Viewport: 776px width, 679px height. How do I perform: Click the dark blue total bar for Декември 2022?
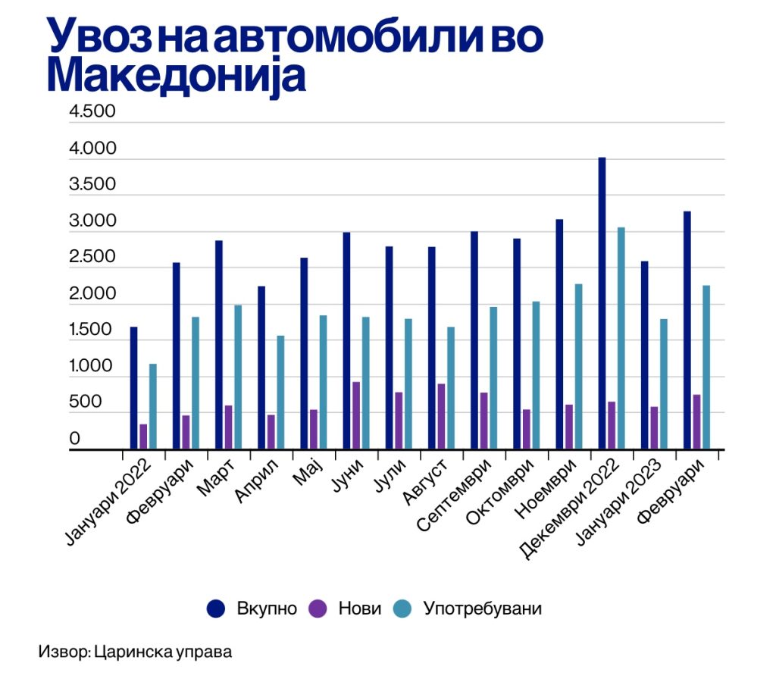point(602,303)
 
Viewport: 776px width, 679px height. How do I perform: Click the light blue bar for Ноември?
point(578,366)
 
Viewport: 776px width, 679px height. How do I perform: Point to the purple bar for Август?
point(440,417)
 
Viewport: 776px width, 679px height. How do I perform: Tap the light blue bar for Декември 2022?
point(621,338)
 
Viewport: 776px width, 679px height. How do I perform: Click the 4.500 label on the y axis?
point(92,112)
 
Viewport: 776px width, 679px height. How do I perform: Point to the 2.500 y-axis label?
point(92,257)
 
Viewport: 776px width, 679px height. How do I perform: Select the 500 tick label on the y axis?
point(85,402)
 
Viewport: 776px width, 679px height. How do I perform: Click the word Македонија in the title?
point(176,76)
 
